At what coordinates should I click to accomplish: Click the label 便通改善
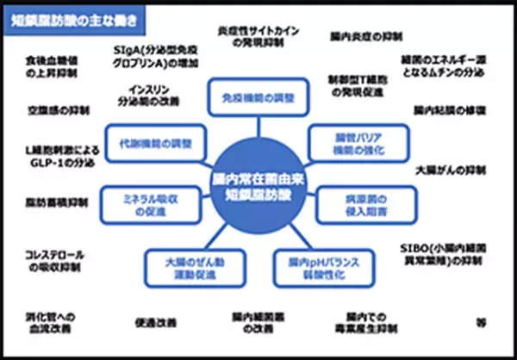(155, 324)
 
